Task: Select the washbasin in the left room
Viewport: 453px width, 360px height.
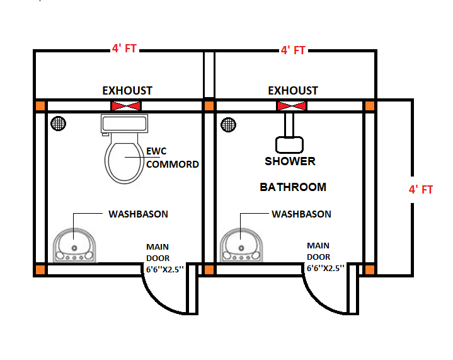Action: pos(74,245)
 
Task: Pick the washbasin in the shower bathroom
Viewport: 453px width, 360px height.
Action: pos(241,245)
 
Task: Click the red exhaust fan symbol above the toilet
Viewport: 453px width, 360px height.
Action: pos(126,106)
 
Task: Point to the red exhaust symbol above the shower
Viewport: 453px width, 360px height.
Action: pos(292,106)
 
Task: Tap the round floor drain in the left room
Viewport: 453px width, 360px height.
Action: pos(59,124)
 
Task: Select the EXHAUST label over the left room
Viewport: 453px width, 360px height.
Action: pos(127,91)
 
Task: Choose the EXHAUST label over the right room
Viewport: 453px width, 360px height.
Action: pos(293,91)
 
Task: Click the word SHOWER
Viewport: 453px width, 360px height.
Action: pos(290,161)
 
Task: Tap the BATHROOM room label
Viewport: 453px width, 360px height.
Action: pos(293,187)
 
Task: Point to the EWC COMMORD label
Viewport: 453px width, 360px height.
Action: pos(172,158)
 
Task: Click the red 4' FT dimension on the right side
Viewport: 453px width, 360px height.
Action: pos(420,189)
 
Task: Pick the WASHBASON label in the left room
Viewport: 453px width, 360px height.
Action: pos(138,214)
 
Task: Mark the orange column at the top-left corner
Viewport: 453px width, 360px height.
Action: pos(40,106)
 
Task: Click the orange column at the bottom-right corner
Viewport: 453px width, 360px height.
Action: pos(370,270)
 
